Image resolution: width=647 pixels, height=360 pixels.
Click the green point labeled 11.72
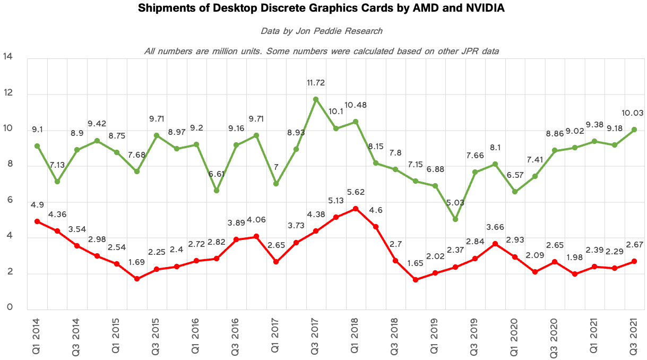[316, 99]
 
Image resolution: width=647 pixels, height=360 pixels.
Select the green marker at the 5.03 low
[455, 219]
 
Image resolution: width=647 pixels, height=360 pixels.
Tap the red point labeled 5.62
[356, 209]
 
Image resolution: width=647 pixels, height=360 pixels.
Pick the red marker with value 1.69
[137, 279]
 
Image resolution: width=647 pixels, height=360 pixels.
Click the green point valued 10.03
[634, 130]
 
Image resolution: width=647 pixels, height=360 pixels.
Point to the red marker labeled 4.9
[37, 221]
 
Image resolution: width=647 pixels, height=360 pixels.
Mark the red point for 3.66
[495, 244]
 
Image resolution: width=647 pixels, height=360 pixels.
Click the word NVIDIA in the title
[485, 8]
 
